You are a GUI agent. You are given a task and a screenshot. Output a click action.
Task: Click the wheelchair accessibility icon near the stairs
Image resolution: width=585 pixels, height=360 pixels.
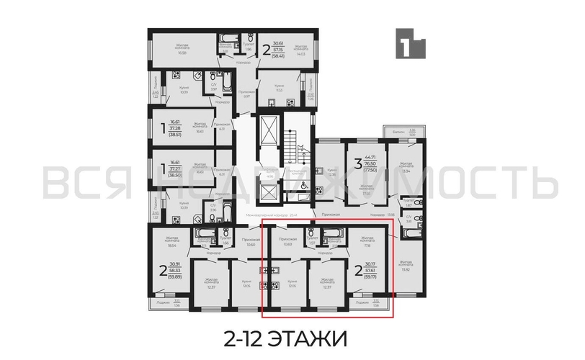click(x=303, y=185)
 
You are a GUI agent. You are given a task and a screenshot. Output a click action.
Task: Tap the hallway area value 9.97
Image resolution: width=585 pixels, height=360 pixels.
click(x=245, y=96)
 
